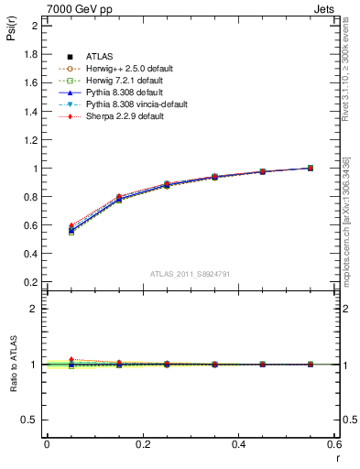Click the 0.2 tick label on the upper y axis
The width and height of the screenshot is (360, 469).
pos(31,283)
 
